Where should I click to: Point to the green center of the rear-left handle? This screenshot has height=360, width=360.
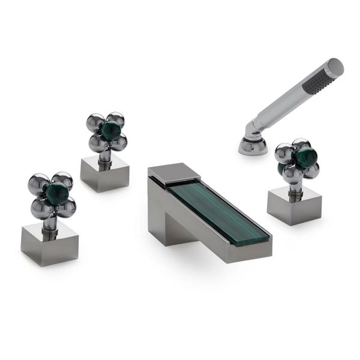point(110,130)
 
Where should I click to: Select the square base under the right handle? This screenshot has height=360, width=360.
point(295,205)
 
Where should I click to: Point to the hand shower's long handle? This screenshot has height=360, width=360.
point(282,103)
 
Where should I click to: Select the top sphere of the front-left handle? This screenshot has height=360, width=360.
point(61,179)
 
